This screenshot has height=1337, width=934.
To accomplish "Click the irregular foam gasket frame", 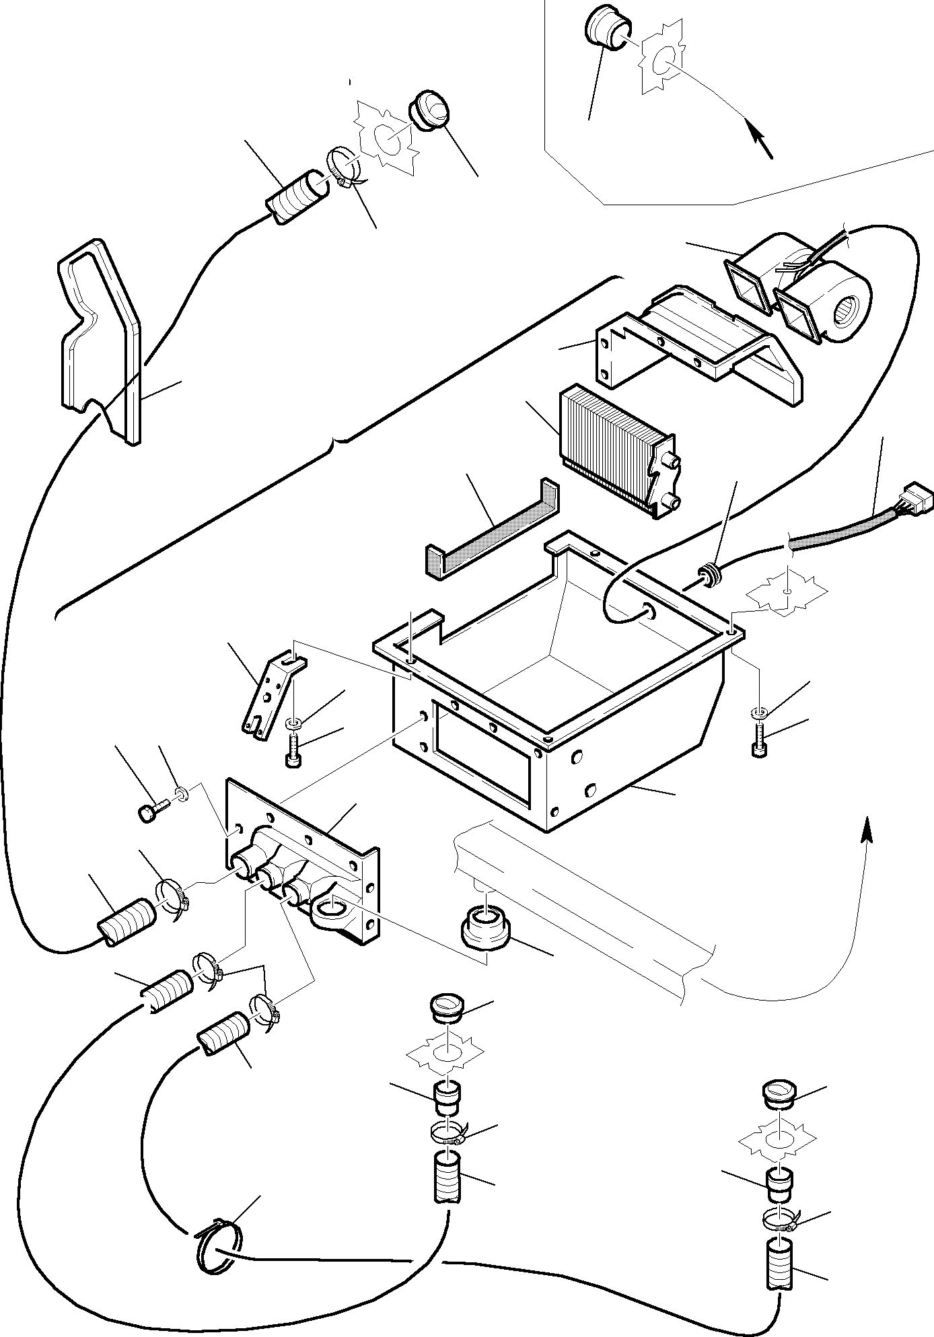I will [x=101, y=336].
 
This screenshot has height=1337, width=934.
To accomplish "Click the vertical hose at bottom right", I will [x=780, y=1265].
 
